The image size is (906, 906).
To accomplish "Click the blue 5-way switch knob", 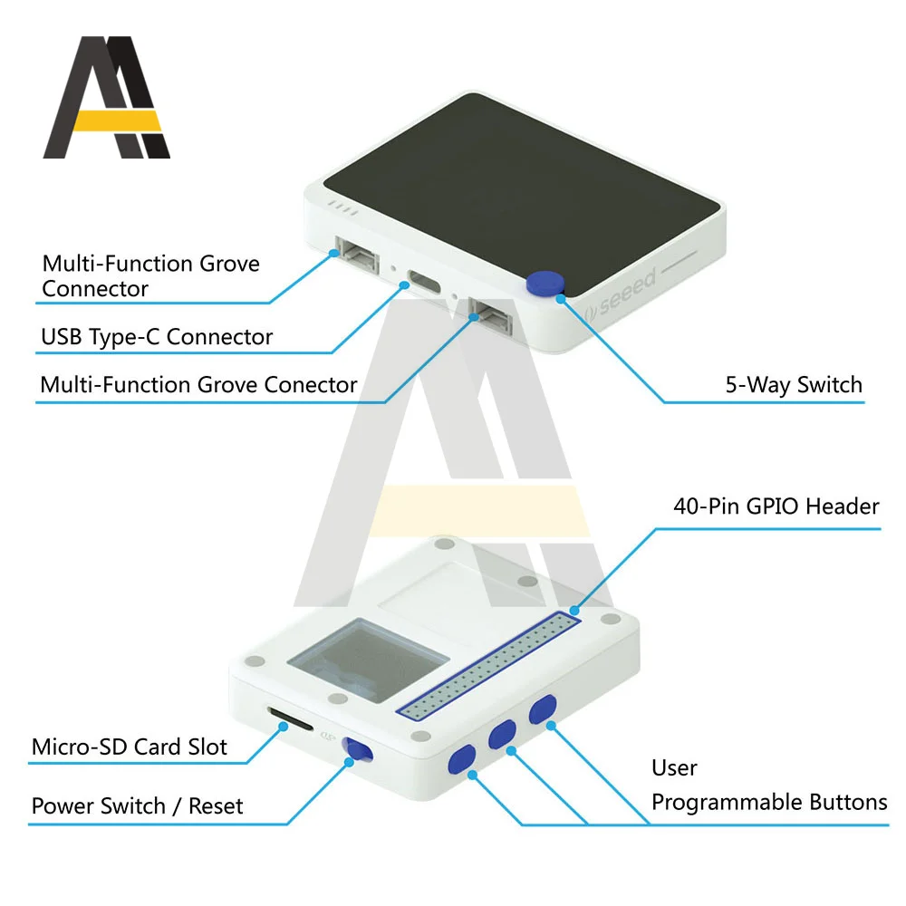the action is click(x=545, y=284).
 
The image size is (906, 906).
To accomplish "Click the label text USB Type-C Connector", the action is click(x=157, y=337).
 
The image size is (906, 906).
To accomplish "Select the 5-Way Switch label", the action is click(x=794, y=385).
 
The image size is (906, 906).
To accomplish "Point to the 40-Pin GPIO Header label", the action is click(x=776, y=506).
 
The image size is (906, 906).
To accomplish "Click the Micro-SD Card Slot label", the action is click(x=129, y=747).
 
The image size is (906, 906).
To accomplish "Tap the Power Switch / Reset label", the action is click(x=137, y=805).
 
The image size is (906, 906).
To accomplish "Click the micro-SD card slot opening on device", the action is click(x=290, y=718).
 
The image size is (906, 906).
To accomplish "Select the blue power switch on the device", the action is click(x=358, y=749).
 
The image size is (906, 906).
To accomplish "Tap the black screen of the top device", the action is click(x=522, y=183).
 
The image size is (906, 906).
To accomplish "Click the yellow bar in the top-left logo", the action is click(x=117, y=120).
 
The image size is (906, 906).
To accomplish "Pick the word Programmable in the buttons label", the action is click(x=728, y=803).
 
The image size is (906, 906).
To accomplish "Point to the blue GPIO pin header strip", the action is click(x=488, y=666).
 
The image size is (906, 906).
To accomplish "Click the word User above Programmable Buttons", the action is click(x=674, y=768).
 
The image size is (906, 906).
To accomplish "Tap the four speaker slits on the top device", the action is click(x=343, y=208).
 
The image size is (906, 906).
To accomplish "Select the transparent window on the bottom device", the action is click(x=368, y=660).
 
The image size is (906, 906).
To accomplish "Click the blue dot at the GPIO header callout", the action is click(x=574, y=610).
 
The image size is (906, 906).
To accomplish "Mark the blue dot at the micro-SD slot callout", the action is click(x=283, y=727).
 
